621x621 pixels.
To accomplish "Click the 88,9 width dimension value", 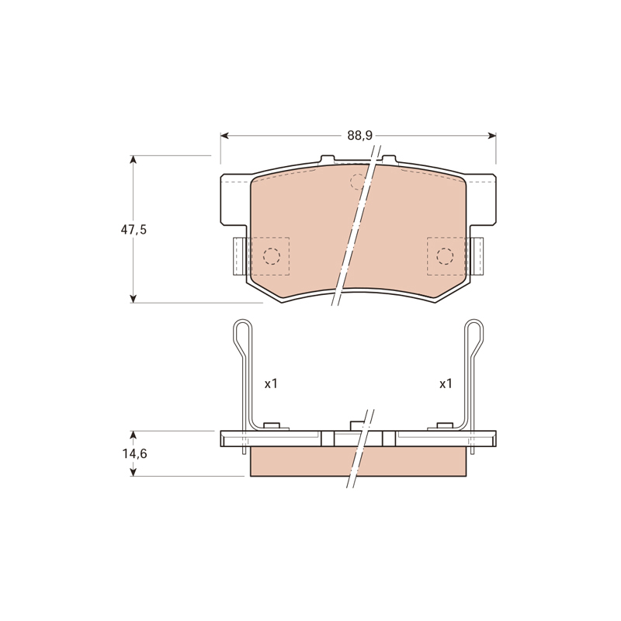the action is pyautogui.click(x=360, y=135).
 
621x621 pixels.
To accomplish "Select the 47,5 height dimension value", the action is pyautogui.click(x=134, y=229).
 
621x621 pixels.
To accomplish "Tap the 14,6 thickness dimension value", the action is pyautogui.click(x=134, y=453).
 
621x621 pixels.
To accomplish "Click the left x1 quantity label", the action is pyautogui.click(x=271, y=383).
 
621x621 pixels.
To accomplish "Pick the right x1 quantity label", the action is pyautogui.click(x=446, y=383).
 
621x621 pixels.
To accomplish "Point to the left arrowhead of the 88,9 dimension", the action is pyautogui.click(x=224, y=136).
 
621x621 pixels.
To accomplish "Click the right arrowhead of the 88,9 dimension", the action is pyautogui.click(x=492, y=136).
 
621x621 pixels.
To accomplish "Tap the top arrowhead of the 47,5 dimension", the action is pyautogui.click(x=134, y=160).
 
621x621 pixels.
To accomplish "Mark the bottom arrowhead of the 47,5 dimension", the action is pyautogui.click(x=134, y=299).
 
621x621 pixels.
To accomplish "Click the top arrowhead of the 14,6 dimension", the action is pyautogui.click(x=134, y=435).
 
